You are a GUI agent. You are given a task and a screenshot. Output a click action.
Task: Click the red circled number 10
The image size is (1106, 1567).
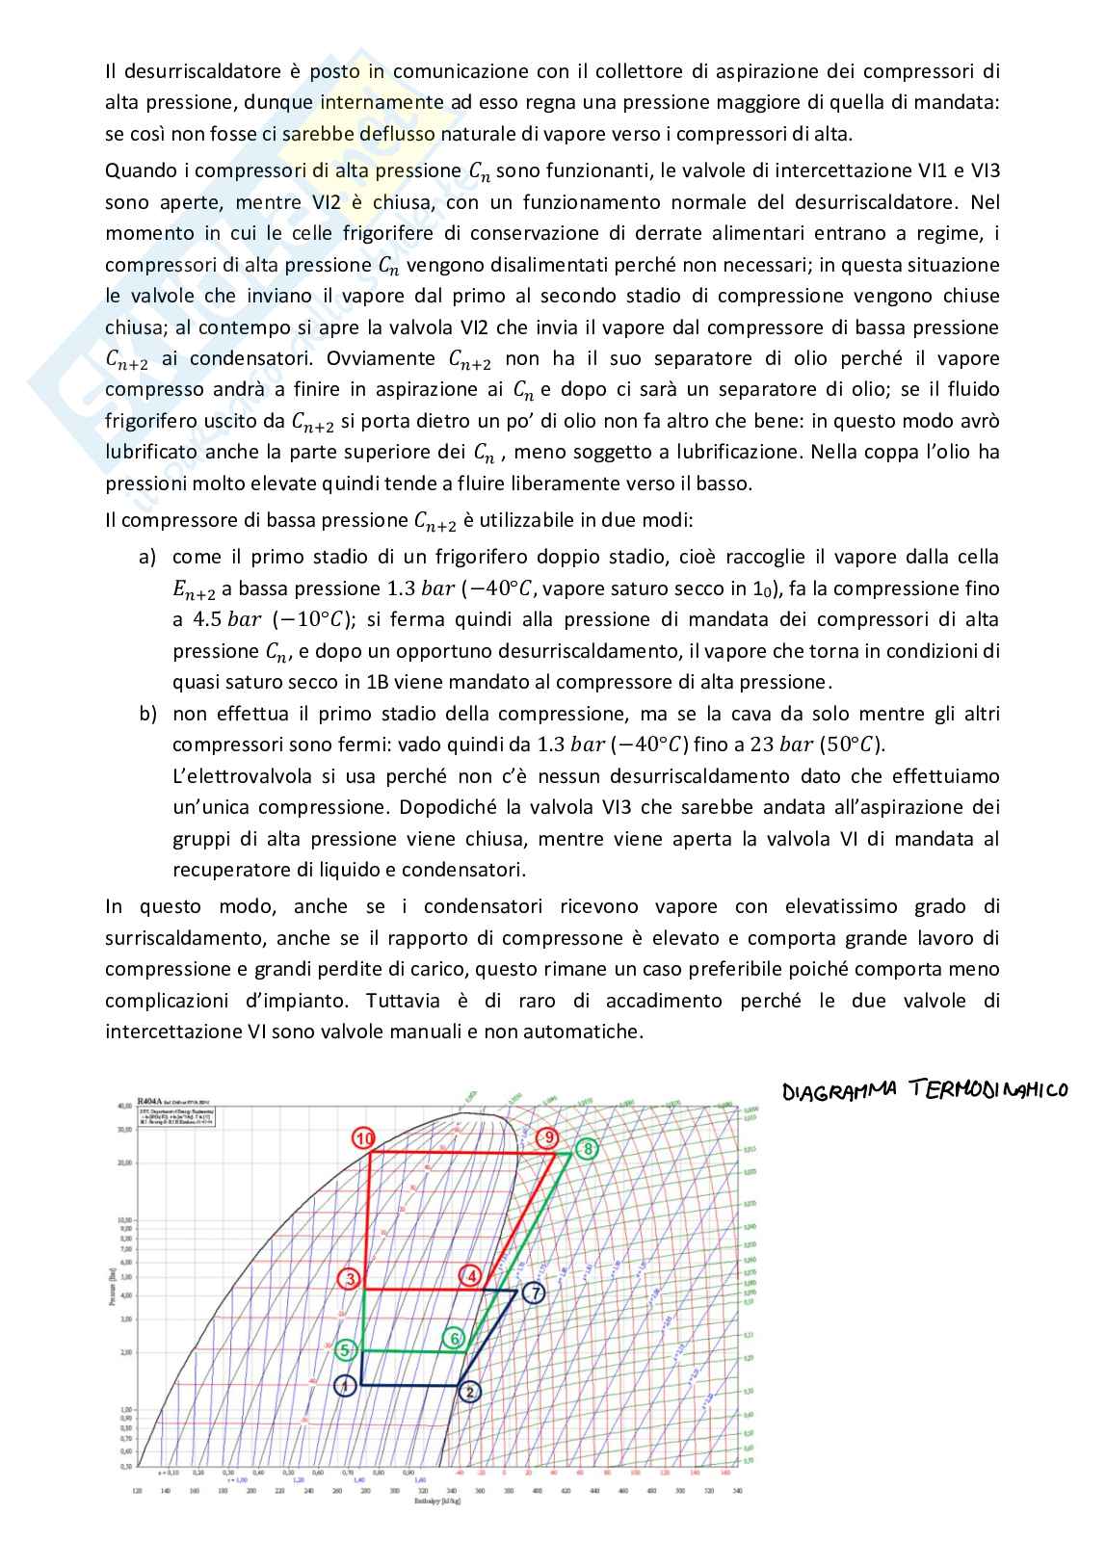tap(363, 1138)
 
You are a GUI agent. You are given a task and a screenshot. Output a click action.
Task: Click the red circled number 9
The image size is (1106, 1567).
tap(547, 1138)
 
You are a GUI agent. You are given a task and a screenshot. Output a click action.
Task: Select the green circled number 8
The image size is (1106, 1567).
tap(587, 1149)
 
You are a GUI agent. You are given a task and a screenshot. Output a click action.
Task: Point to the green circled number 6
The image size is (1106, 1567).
tap(456, 1339)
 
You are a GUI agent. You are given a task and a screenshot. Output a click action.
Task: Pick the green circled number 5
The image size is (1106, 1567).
tap(346, 1350)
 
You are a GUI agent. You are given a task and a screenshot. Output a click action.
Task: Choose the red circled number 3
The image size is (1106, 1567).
tap(350, 1278)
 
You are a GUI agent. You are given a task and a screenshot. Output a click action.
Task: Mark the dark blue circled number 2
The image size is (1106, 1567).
tap(469, 1391)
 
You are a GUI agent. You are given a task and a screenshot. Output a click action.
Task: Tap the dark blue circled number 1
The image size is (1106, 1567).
tap(344, 1386)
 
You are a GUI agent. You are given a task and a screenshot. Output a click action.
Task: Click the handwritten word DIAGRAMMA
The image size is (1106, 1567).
tap(837, 1091)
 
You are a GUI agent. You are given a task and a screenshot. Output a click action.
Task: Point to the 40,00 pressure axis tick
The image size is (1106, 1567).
tap(122, 1107)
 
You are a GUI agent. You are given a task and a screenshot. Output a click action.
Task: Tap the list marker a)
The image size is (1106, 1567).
tap(147, 558)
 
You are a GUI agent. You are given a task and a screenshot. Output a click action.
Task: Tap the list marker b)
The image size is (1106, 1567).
tap(147, 715)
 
